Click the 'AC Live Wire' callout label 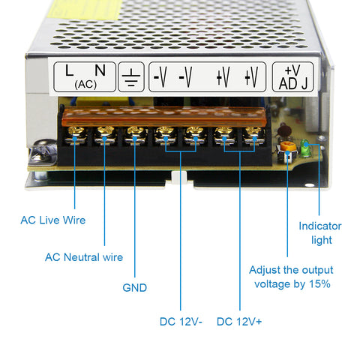(52, 220)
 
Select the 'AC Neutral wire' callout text (84, 256)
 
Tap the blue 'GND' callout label (134, 287)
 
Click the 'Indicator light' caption (319, 232)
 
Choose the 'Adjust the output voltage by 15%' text (291, 277)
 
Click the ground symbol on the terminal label (132, 76)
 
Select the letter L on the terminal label (70, 71)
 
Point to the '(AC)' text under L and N (84, 84)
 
